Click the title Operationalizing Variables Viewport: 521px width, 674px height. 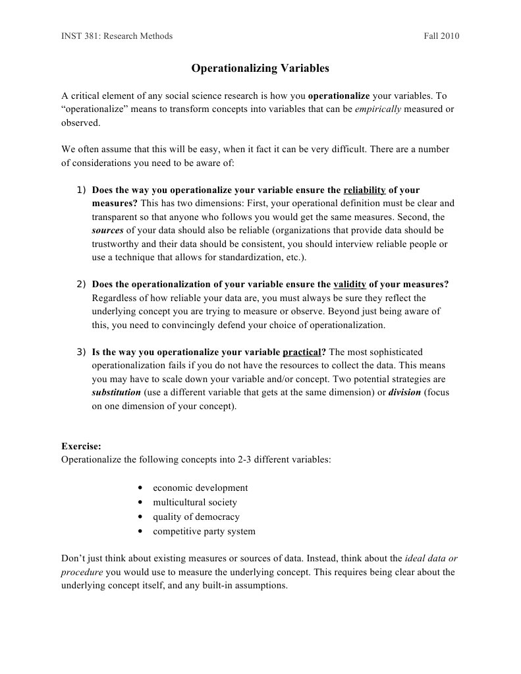click(x=260, y=68)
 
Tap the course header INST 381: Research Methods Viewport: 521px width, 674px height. click(x=117, y=36)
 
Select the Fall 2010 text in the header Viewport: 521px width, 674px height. click(x=441, y=36)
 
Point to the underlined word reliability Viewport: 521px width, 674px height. click(x=364, y=190)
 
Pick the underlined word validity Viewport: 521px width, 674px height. click(x=350, y=284)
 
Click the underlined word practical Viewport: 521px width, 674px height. click(x=302, y=352)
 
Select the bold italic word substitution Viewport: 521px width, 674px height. click(x=116, y=392)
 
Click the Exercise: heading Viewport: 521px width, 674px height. click(x=81, y=446)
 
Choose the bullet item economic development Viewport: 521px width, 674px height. click(x=200, y=488)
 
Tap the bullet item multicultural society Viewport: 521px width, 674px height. click(x=194, y=503)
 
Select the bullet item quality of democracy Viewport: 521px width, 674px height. click(x=196, y=517)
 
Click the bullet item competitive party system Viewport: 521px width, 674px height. click(x=204, y=532)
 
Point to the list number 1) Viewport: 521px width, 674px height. click(x=82, y=190)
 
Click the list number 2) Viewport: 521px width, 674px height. click(x=82, y=284)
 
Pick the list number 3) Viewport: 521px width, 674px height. click(x=82, y=352)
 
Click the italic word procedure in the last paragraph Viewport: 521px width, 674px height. click(x=82, y=572)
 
